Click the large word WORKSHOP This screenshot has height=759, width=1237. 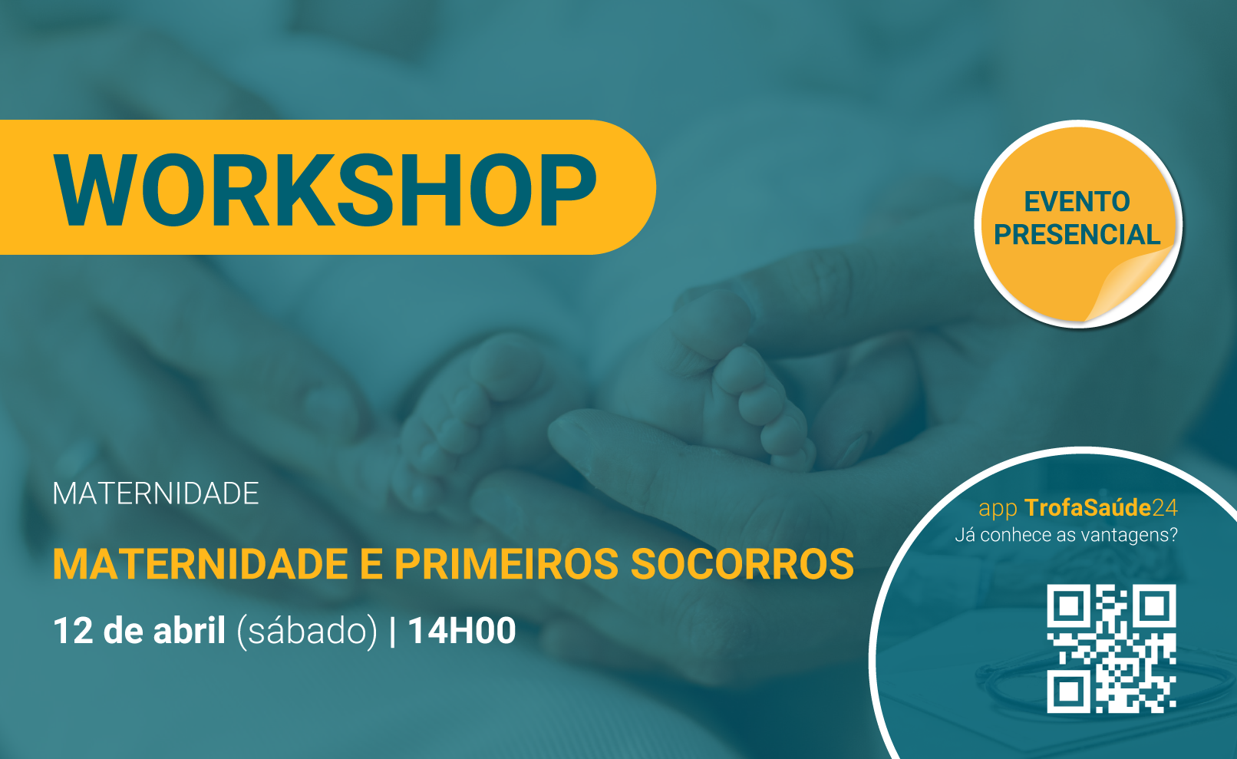click(x=325, y=190)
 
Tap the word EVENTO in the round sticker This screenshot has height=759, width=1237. click(x=1077, y=202)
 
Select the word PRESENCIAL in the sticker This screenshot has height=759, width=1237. click(x=1077, y=234)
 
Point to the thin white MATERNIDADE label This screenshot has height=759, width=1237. click(x=156, y=493)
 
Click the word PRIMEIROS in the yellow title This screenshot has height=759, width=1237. click(x=506, y=564)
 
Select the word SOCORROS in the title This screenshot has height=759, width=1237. click(x=742, y=564)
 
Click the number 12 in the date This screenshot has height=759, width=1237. click(x=73, y=630)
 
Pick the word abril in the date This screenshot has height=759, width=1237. click(x=190, y=630)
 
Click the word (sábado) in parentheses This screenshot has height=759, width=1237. click(x=307, y=631)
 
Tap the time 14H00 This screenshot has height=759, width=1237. click(x=462, y=630)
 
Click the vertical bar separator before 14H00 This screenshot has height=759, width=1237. click(x=393, y=631)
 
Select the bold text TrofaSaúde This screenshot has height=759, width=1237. click(x=1087, y=507)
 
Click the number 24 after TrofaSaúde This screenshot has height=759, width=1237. click(x=1165, y=508)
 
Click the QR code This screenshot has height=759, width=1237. click(x=1111, y=648)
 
